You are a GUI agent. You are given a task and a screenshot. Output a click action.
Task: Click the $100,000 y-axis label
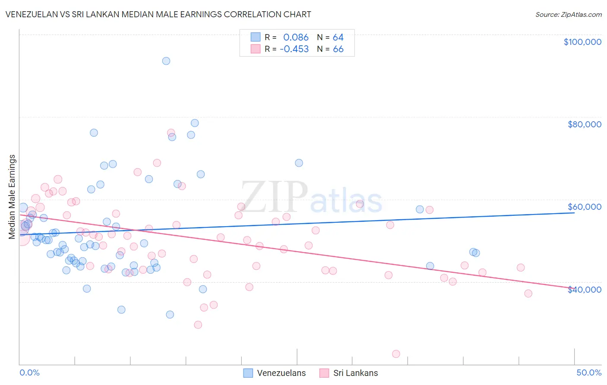pos(582,42)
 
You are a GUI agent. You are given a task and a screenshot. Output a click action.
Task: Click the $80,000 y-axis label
pos(584,124)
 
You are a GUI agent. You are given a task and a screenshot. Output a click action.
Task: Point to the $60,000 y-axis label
pos(584,207)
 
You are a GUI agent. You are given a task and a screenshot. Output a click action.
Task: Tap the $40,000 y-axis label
pos(584,290)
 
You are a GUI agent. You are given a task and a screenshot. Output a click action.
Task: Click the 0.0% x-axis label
pos(29,372)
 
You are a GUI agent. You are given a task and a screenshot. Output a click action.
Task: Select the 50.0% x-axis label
pos(589,372)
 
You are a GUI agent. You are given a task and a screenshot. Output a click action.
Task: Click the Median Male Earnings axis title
pos(12,197)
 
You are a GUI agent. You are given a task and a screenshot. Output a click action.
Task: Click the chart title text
pos(158,14)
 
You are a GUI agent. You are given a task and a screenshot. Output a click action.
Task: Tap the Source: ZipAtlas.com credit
pos(568,15)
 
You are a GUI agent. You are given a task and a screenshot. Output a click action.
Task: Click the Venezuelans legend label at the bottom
pos(281,373)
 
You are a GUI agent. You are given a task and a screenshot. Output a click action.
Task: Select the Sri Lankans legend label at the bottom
pos(355,373)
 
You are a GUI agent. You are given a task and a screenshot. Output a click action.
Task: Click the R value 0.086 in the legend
pos(296,38)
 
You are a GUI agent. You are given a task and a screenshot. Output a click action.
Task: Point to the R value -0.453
pos(294,49)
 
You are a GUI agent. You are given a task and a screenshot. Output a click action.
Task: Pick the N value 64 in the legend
pos(338,38)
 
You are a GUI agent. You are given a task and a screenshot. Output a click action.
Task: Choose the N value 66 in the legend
pos(338,49)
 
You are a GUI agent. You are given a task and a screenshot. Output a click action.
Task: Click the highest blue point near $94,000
pos(166,61)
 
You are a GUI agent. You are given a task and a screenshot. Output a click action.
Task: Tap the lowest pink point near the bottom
pos(396,354)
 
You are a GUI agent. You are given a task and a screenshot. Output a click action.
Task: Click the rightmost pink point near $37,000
pos(528,293)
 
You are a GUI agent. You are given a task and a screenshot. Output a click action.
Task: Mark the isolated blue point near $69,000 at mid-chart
pos(299,163)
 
